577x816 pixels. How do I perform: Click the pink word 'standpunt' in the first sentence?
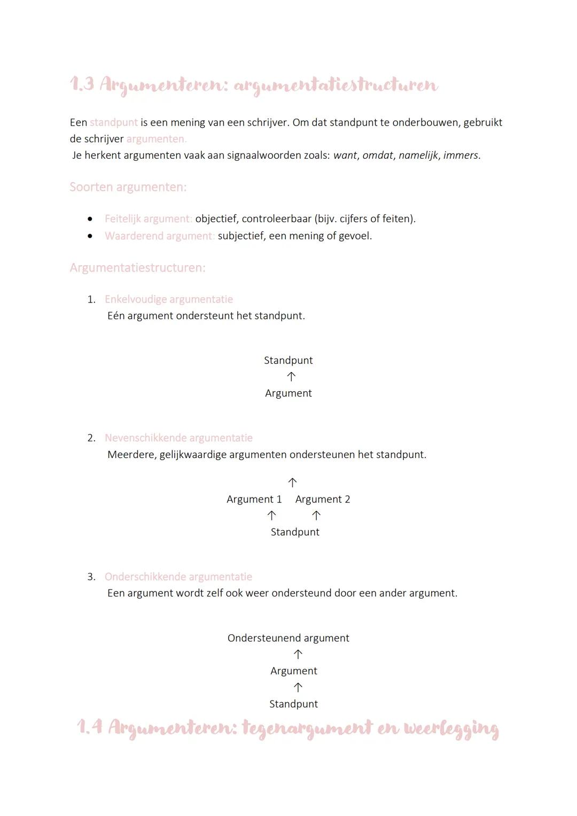(113, 122)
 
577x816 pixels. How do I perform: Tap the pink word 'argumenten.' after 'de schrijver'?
(156, 139)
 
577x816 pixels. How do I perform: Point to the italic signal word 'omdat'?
(378, 156)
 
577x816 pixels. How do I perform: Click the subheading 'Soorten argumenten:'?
(128, 187)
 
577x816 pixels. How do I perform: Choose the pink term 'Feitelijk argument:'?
(148, 219)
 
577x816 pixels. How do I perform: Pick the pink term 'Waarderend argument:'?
(159, 236)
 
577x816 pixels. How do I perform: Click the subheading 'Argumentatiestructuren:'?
(137, 268)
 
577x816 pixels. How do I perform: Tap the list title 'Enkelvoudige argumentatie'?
(169, 299)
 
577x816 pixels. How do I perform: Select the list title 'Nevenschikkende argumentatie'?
(178, 438)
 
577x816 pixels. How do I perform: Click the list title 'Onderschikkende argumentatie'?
(178, 577)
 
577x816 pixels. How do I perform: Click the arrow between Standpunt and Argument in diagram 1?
(291, 377)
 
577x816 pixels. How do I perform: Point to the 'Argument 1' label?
(254, 499)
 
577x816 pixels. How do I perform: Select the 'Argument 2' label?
(323, 499)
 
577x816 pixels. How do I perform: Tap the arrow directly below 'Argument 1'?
(271, 516)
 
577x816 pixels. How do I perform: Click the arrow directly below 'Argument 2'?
(316, 516)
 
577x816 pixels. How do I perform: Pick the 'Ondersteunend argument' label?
(288, 638)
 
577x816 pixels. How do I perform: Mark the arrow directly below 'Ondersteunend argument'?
(298, 655)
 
